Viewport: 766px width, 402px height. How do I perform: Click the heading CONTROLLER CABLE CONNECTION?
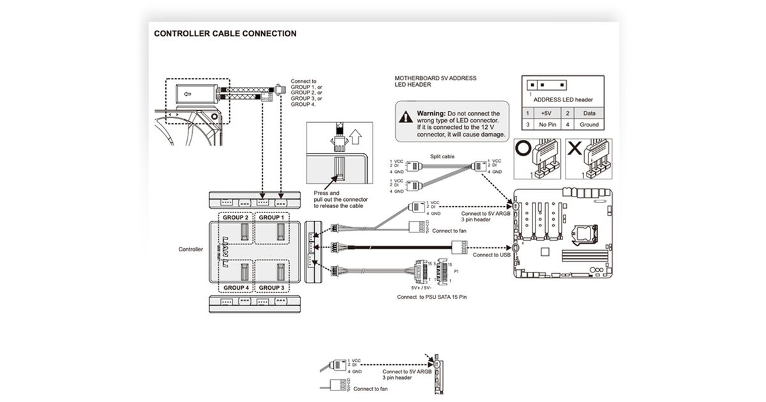point(225,34)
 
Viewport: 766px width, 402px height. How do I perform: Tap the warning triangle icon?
point(406,117)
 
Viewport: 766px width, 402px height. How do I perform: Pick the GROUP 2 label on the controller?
point(236,218)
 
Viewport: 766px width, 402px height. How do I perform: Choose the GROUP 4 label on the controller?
point(236,287)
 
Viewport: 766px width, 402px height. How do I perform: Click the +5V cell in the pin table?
point(546,113)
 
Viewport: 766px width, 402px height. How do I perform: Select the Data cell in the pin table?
point(589,113)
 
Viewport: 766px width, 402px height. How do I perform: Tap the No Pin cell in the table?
point(546,124)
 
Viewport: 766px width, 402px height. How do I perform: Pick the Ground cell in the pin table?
point(589,124)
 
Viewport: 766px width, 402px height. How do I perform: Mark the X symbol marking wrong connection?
point(574,149)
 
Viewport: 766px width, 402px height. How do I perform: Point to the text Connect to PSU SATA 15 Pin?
point(432,297)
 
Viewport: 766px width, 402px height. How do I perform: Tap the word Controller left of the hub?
point(190,249)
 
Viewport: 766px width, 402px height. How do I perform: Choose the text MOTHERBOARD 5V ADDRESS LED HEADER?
point(435,81)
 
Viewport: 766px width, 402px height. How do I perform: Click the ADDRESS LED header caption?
point(563,100)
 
